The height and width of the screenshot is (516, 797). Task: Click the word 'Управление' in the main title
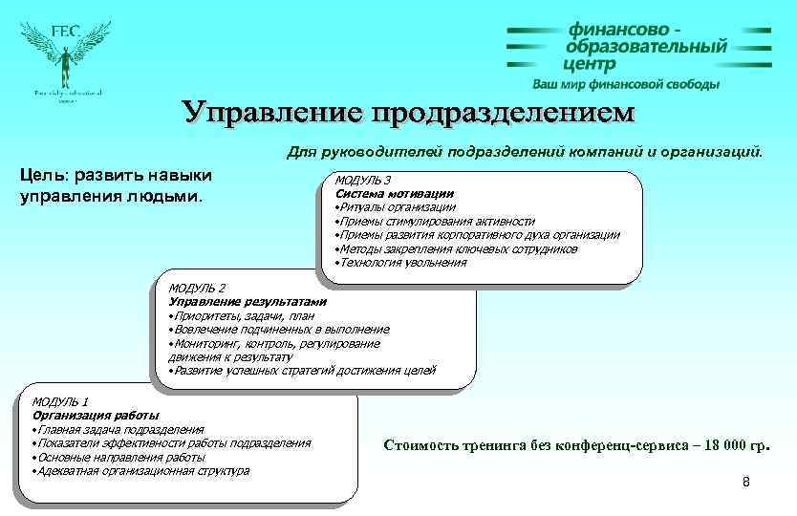274,112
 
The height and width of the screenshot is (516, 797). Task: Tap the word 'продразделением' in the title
503,112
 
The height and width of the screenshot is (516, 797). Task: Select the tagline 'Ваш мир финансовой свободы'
626,84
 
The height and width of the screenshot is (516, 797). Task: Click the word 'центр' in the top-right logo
590,64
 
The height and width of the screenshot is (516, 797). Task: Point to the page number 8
746,482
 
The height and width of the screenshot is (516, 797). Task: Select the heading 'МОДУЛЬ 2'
197,288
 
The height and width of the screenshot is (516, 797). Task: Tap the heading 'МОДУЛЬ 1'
60,401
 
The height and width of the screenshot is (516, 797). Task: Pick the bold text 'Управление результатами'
247,301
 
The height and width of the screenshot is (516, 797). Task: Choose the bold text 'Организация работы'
96,415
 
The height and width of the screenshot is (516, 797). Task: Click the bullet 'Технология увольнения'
401,262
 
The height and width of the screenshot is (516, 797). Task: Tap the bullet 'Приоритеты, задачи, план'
243,315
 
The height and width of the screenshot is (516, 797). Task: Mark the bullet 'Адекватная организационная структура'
142,470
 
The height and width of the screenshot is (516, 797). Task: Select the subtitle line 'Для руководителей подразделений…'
525,150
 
